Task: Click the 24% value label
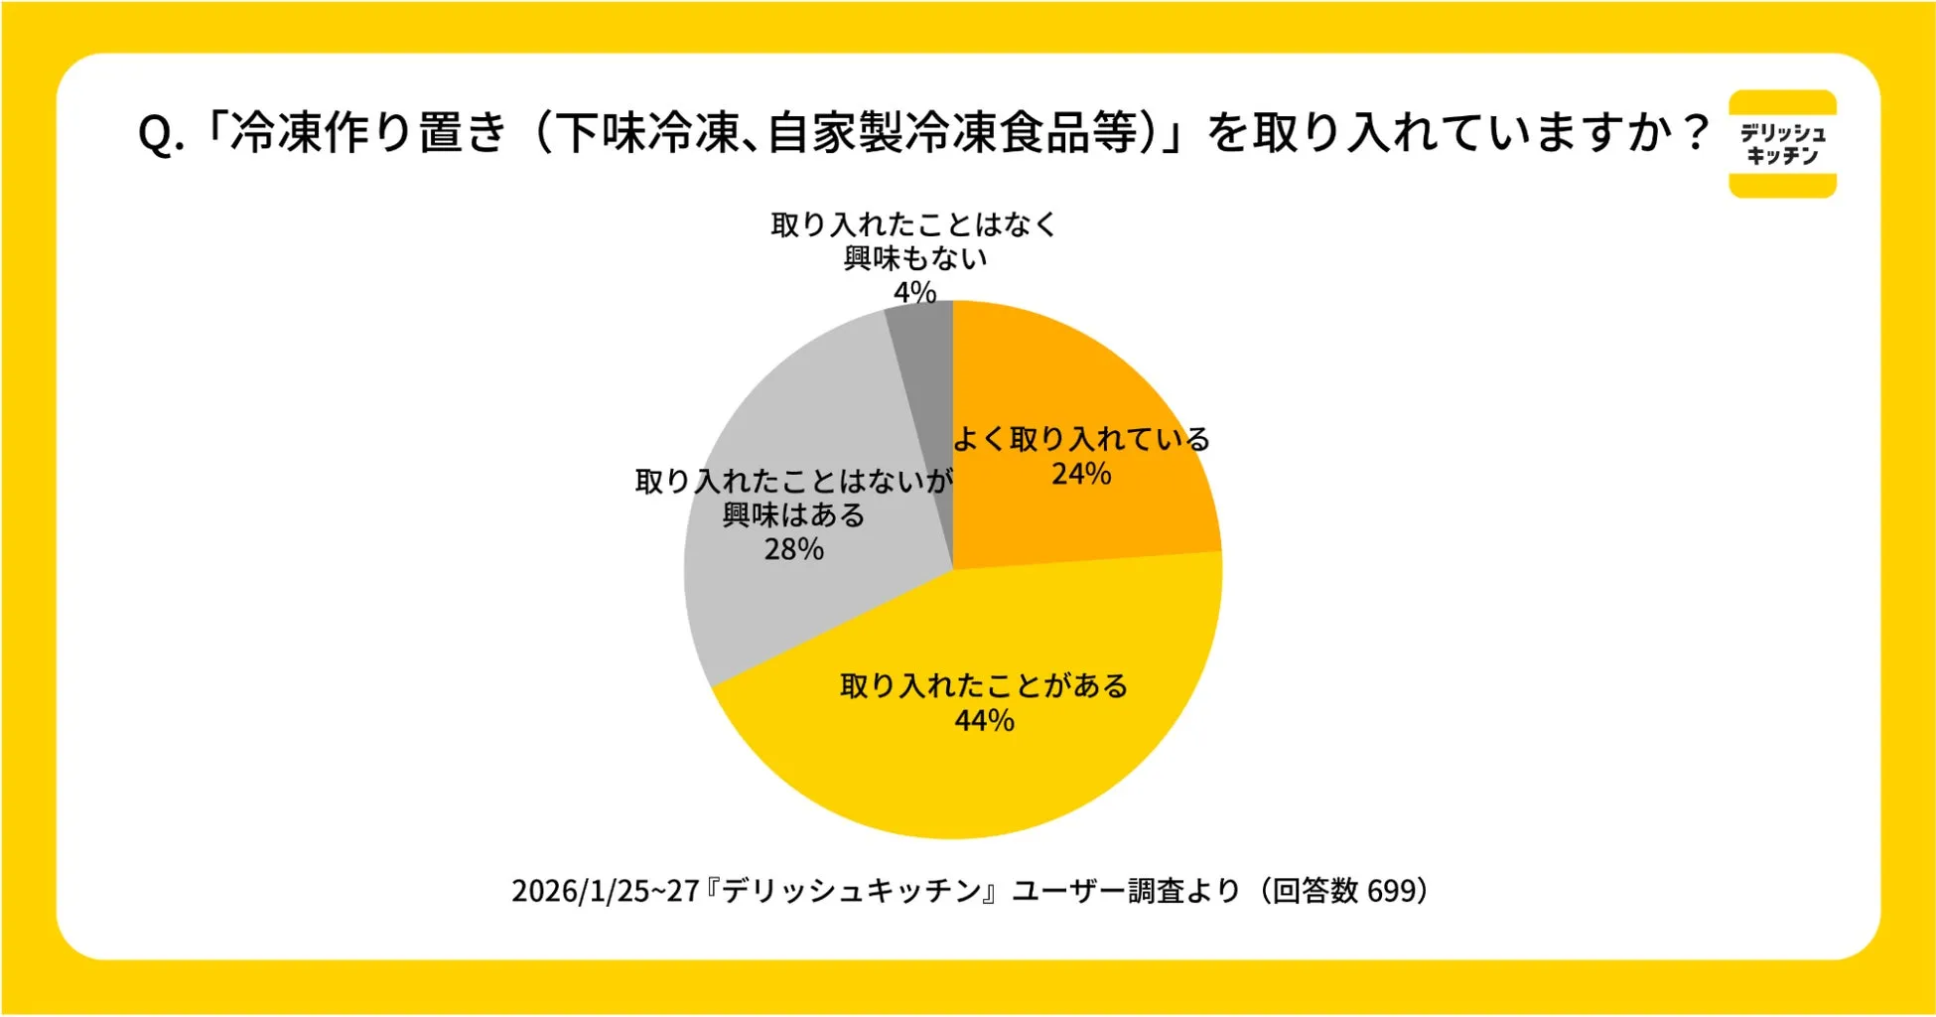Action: [x=1081, y=474]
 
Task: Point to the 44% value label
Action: [x=984, y=720]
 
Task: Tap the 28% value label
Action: [x=793, y=549]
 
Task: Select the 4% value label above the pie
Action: [x=914, y=292]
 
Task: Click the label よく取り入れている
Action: [x=1081, y=439]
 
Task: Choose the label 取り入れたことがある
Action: [x=984, y=685]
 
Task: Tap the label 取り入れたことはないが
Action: [x=793, y=482]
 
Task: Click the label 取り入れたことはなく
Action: [x=914, y=224]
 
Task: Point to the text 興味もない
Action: [x=914, y=258]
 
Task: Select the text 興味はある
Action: [x=793, y=515]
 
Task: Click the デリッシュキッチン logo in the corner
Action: [x=1782, y=144]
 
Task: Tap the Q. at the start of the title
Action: [x=161, y=134]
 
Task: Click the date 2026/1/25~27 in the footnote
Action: [x=606, y=891]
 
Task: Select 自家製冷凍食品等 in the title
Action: [x=953, y=132]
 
